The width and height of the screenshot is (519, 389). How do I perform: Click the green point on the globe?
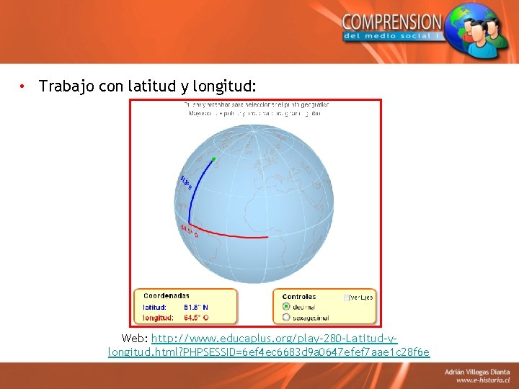pyautogui.click(x=214, y=159)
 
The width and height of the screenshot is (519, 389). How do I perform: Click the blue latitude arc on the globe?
pyautogui.click(x=195, y=187)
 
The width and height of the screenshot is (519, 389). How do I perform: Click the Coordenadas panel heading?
pyautogui.click(x=167, y=296)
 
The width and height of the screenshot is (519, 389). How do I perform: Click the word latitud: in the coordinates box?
pyautogui.click(x=154, y=307)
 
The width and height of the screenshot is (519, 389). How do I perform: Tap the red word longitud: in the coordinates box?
pyautogui.click(x=158, y=317)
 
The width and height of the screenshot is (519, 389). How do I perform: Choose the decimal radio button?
pyautogui.click(x=286, y=306)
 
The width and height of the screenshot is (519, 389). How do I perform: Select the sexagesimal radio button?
pyautogui.click(x=286, y=316)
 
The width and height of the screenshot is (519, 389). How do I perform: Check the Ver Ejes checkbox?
pyautogui.click(x=347, y=298)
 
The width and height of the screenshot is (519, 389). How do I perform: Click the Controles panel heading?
pyautogui.click(x=299, y=296)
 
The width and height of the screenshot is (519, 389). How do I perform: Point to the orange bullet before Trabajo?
pyautogui.click(x=24, y=87)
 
